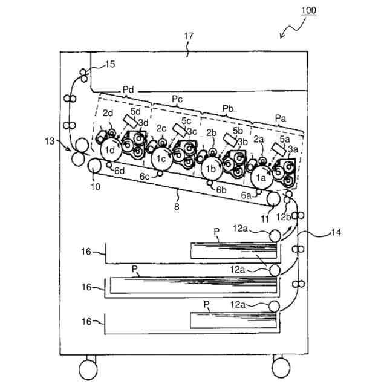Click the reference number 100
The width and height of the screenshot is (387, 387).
tap(307, 11)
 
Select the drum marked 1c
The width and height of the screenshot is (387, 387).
tap(160, 159)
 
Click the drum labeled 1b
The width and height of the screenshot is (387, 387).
tap(210, 169)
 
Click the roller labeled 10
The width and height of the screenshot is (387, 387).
tap(95, 165)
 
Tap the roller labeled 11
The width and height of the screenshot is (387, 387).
tap(273, 198)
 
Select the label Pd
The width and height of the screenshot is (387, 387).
tap(128, 89)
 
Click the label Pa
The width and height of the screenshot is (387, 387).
tap(281, 117)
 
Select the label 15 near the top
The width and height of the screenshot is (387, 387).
tap(109, 64)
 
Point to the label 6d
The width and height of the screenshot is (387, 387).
tap(120, 171)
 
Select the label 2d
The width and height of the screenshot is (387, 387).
tap(108, 113)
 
